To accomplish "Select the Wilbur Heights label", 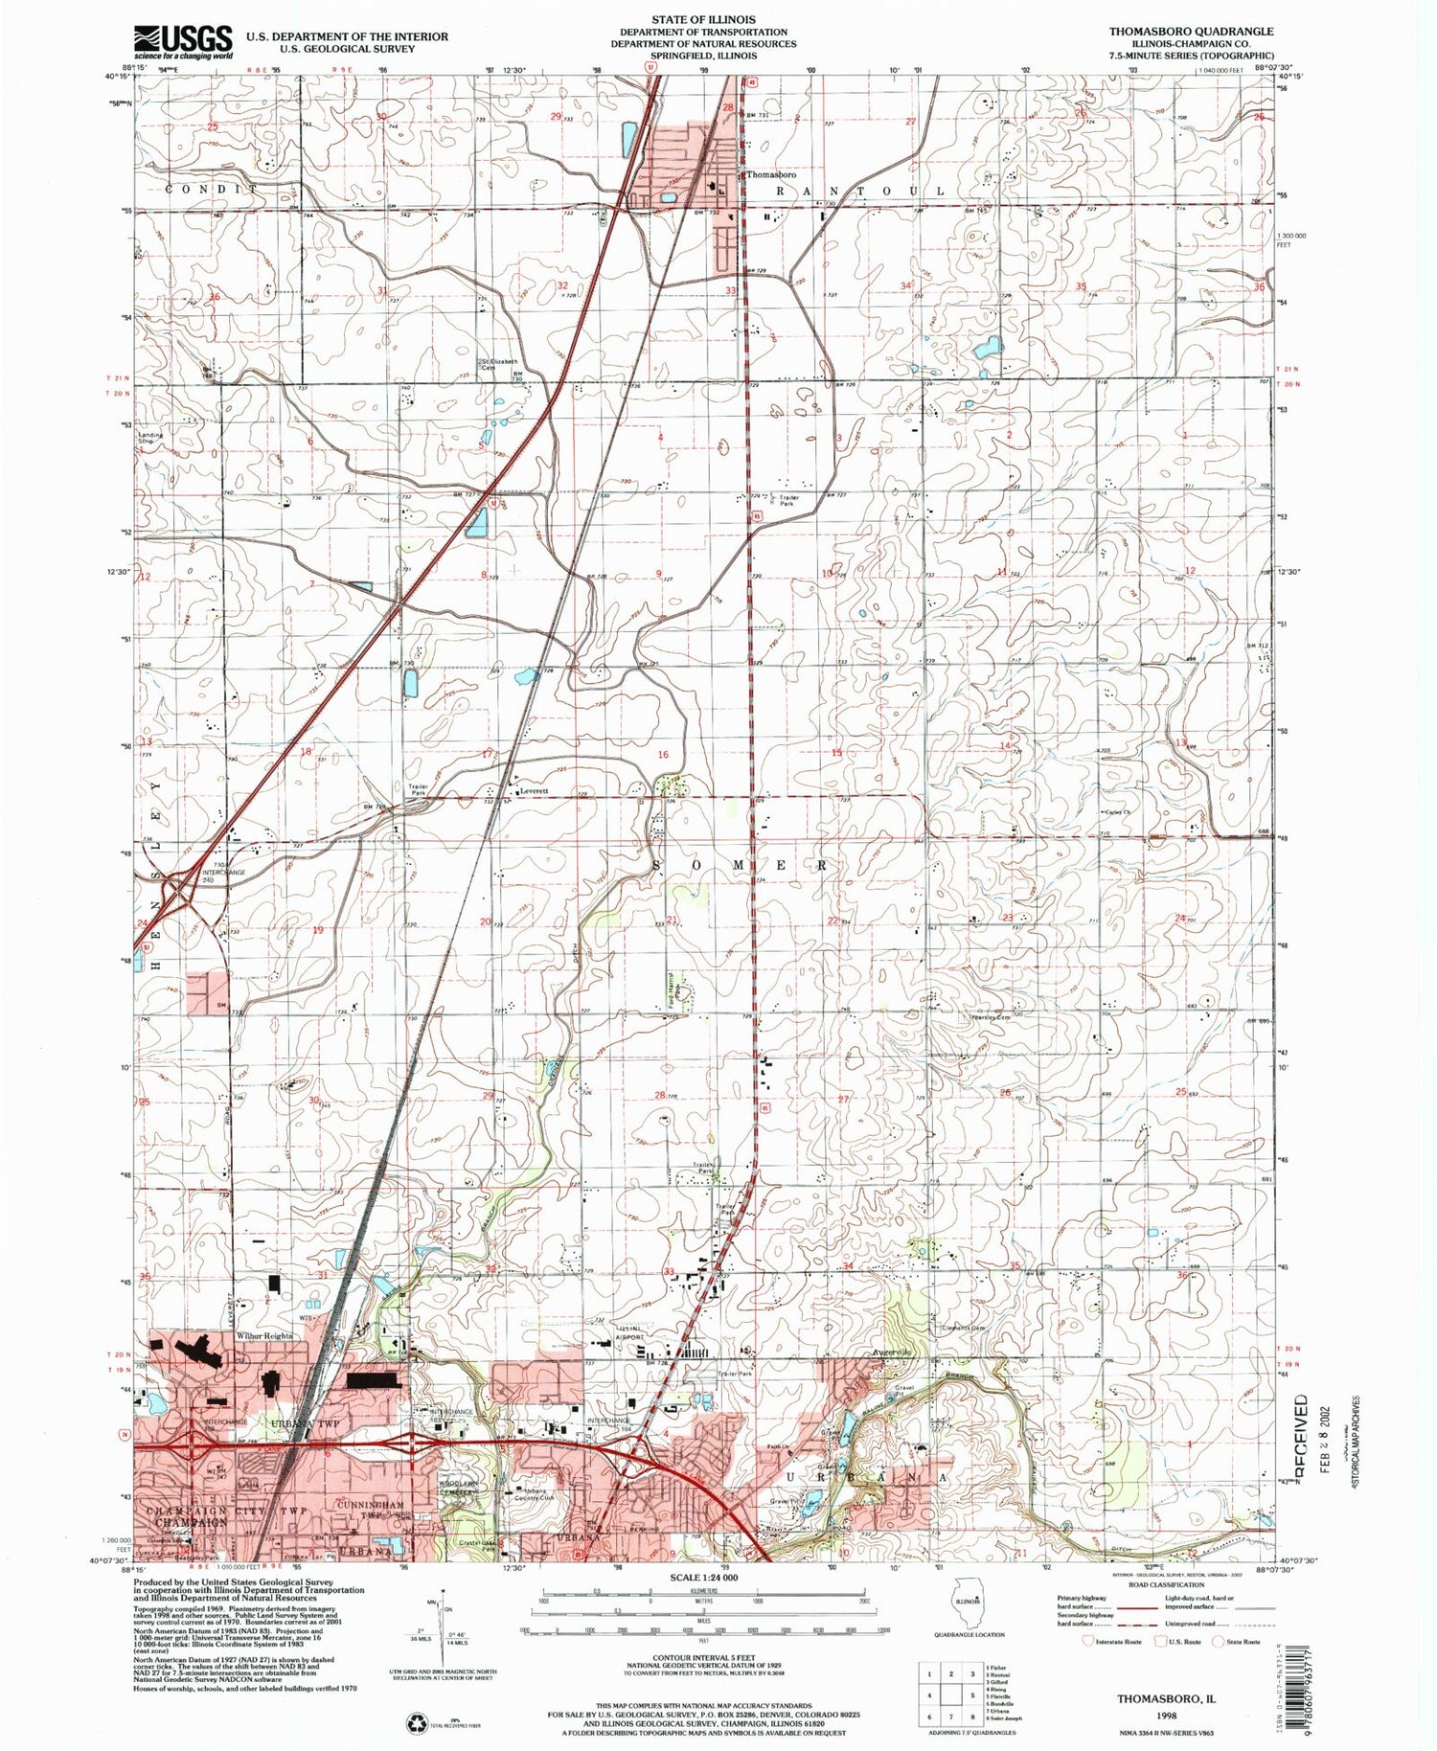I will pos(264,1335).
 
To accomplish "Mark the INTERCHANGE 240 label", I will pos(223,876).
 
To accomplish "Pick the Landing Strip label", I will pos(151,440).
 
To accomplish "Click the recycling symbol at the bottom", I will pos(421,1722).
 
